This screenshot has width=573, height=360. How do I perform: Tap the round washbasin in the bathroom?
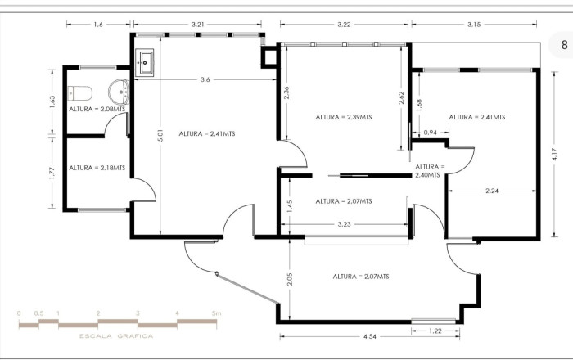click(x=120, y=89)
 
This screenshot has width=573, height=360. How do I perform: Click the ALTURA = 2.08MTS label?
click(x=97, y=109)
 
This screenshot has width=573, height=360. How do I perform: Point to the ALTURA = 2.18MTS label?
click(x=97, y=167)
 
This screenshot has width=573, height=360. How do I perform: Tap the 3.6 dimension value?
click(x=205, y=79)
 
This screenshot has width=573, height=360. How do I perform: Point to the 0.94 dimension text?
click(x=431, y=132)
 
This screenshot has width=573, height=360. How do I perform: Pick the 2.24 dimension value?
click(x=491, y=191)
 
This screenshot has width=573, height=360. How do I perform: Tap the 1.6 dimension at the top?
click(x=99, y=25)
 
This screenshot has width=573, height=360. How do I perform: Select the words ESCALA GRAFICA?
click(x=115, y=335)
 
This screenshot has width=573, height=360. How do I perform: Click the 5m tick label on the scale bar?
click(x=216, y=313)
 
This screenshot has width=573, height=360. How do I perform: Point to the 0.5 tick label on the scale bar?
click(x=38, y=313)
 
